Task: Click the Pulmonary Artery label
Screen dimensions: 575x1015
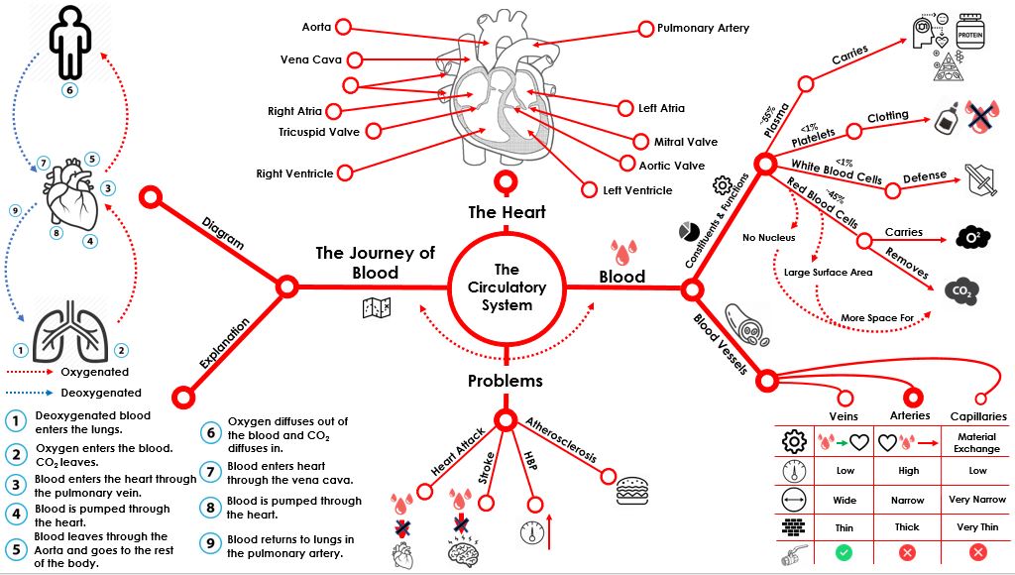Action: tap(703, 29)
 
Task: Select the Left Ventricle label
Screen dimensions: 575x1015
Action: tap(637, 189)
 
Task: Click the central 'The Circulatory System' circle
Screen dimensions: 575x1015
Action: tap(507, 287)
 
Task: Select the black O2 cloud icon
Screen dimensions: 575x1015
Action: tap(972, 238)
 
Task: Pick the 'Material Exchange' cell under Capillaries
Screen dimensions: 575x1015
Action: tap(977, 443)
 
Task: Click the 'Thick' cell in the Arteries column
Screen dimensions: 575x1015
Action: tap(907, 527)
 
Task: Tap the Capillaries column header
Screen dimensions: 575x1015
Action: tap(977, 416)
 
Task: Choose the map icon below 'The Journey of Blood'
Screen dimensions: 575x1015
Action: tap(378, 308)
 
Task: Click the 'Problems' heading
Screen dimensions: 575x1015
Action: tap(506, 381)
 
